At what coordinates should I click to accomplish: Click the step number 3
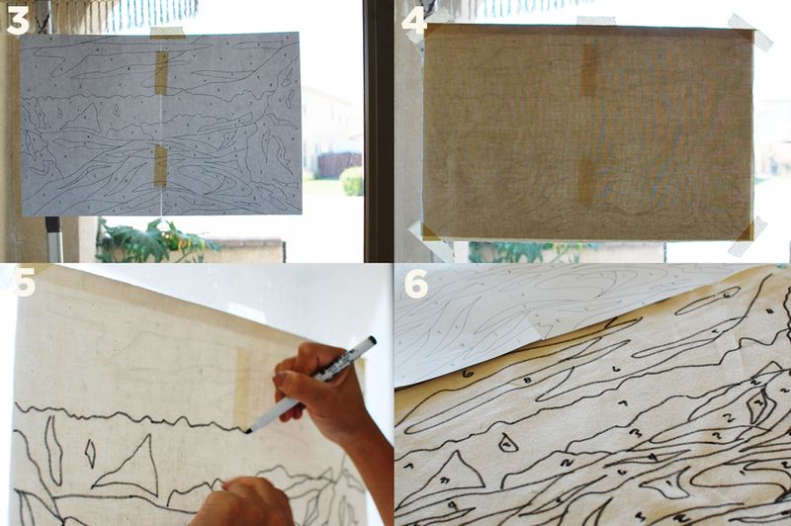pos(17,19)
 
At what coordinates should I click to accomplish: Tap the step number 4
pos(413,20)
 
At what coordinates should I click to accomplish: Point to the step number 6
pos(415,283)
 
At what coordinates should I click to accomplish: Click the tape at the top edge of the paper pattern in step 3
pos(165,33)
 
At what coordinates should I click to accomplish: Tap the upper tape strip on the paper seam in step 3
pos(161,72)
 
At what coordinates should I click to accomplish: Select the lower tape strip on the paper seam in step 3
pos(160,165)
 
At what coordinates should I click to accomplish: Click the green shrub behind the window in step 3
pos(351,180)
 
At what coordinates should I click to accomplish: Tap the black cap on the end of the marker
pos(367,343)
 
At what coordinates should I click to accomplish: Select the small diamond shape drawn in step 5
pos(90,453)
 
